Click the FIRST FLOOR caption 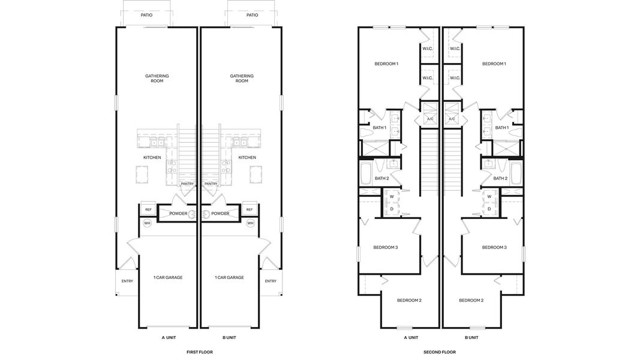[199, 352]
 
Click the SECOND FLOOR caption [439, 352]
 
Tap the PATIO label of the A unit [146, 15]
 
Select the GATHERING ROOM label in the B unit [242, 79]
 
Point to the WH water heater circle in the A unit [147, 223]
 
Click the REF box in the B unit [250, 209]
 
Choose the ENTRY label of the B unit [271, 281]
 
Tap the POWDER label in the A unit [178, 214]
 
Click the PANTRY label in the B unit [211, 184]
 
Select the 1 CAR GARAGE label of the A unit [167, 277]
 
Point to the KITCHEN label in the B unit [247, 157]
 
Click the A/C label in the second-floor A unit [429, 119]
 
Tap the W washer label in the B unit [489, 196]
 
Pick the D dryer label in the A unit [392, 209]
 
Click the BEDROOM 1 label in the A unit [386, 64]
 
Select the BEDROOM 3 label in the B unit [494, 247]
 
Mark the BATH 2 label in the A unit [381, 178]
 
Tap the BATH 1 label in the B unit [501, 128]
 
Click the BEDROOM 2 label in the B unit [471, 300]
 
